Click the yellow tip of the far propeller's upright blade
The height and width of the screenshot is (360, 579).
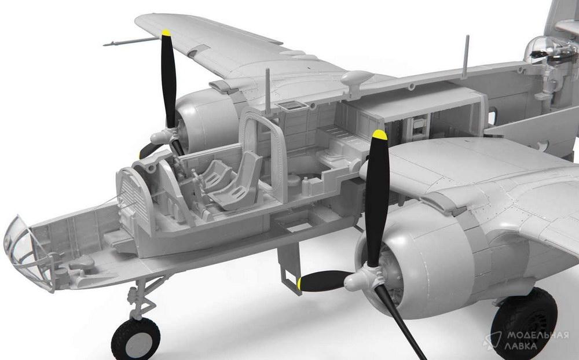tap(167, 32)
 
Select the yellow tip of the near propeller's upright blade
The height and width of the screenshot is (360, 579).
tap(380, 134)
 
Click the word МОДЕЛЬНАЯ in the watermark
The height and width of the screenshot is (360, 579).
tap(537, 336)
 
